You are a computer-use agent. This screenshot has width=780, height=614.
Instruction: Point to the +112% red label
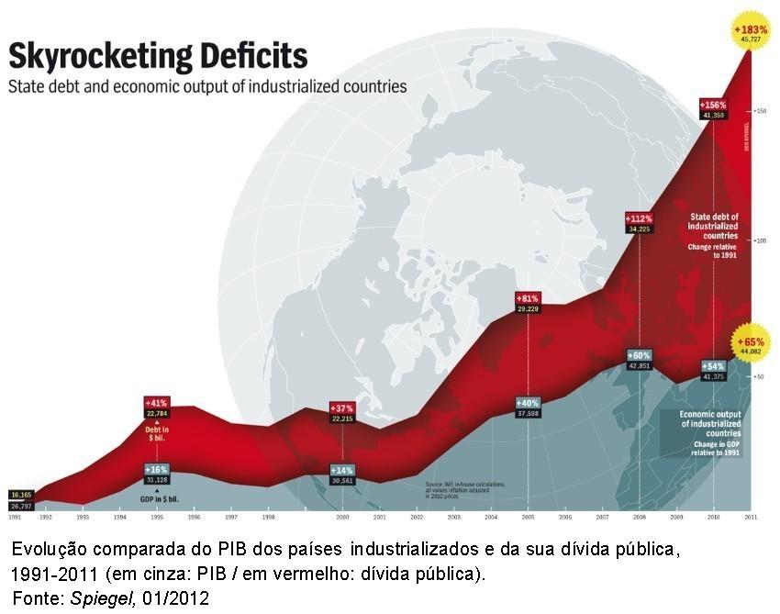[639, 218]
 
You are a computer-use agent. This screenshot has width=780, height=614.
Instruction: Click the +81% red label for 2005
[528, 298]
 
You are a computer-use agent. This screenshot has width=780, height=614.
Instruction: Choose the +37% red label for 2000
[342, 407]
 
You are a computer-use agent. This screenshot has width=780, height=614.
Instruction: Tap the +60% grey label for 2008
[639, 354]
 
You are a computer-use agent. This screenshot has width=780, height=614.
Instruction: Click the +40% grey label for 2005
[528, 402]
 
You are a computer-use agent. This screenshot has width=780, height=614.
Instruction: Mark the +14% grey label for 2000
[342, 470]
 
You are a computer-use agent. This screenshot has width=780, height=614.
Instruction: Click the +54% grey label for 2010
[713, 365]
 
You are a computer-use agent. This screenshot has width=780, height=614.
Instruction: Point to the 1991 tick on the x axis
[15, 518]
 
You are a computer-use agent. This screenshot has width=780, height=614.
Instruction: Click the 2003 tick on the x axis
[453, 518]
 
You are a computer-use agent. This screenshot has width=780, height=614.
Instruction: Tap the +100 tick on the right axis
[759, 240]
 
